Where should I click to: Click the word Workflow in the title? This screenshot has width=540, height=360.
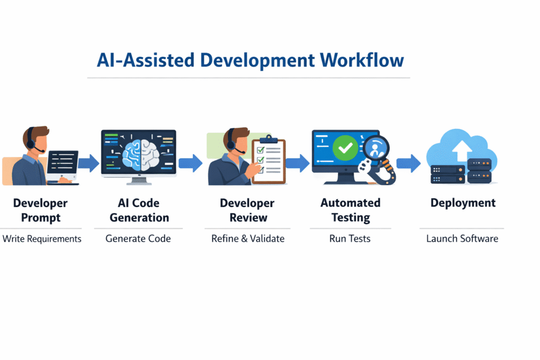point(362,60)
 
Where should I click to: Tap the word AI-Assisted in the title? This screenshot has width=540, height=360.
point(146,60)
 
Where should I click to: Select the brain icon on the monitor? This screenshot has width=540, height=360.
point(141,154)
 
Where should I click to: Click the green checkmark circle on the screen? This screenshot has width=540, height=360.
point(345,148)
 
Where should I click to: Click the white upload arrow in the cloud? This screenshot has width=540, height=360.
point(462,151)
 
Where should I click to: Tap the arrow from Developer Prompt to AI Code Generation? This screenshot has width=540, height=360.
point(89,163)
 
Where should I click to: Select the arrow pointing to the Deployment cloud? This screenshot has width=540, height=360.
point(409,163)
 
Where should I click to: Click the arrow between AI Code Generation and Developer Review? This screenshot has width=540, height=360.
point(190,163)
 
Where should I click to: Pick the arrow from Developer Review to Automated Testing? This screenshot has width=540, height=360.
point(297,163)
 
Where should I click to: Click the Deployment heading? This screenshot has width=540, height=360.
point(463,203)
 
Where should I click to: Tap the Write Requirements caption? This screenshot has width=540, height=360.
point(42,239)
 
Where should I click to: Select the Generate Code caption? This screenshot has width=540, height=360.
point(138,239)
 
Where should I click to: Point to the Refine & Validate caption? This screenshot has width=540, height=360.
point(248,239)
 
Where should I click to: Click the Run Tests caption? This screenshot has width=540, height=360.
point(350,239)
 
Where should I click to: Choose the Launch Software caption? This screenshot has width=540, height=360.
point(462,239)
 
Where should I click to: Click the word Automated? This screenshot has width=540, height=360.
point(351,203)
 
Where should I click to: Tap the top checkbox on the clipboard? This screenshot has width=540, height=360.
point(261,150)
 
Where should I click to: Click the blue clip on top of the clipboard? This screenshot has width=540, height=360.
point(268,139)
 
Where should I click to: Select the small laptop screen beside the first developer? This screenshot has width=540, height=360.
point(63,162)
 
